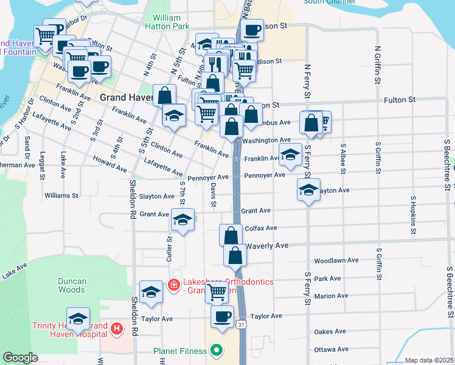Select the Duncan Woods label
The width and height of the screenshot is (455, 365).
72,285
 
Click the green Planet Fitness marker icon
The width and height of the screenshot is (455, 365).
215,350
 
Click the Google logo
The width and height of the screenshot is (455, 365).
20,358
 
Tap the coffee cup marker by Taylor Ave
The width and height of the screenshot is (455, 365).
222,315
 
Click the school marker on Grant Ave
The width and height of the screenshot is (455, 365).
182,220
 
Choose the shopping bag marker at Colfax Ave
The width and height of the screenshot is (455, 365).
231,234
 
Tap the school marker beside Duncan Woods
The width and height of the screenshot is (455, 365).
150,291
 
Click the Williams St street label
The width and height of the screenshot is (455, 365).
61,196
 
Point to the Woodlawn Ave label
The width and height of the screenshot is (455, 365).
336,260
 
